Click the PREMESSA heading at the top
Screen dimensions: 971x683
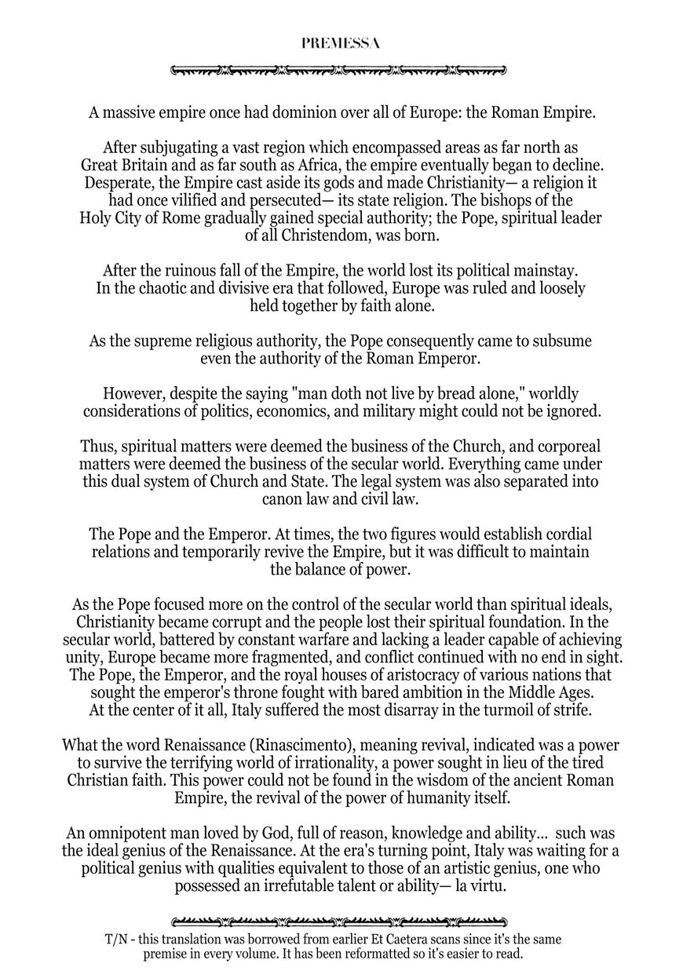[x=340, y=44]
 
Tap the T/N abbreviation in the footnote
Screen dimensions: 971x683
[x=115, y=939]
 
